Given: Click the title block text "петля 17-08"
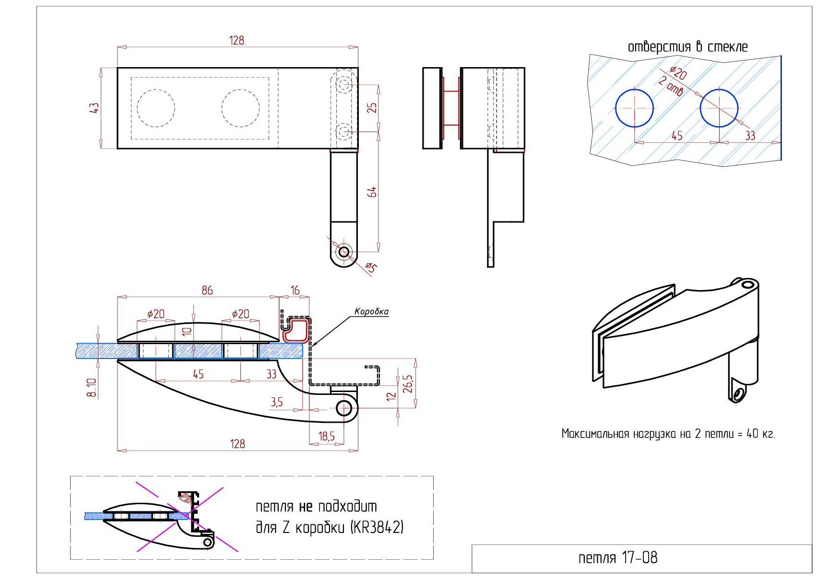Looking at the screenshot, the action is (617, 557).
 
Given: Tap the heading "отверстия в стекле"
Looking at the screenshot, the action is (687, 46).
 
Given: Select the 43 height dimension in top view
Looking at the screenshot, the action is (94, 108).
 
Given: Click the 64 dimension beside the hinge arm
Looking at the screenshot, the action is (372, 192).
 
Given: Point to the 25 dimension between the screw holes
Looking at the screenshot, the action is (372, 108).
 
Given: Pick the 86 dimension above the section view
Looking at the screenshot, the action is (207, 290).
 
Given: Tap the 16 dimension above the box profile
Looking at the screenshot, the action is (295, 290).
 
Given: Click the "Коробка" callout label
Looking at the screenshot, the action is (371, 312).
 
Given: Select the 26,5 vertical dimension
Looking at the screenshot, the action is (408, 384).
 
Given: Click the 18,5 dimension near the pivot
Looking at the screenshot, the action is (326, 436).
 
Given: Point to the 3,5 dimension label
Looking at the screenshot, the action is (276, 402).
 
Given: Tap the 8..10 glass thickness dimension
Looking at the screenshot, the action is (92, 387).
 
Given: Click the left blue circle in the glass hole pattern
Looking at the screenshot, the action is (634, 108).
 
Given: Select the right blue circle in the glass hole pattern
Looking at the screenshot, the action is (719, 108).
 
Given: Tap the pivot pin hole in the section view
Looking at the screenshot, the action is (343, 408).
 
